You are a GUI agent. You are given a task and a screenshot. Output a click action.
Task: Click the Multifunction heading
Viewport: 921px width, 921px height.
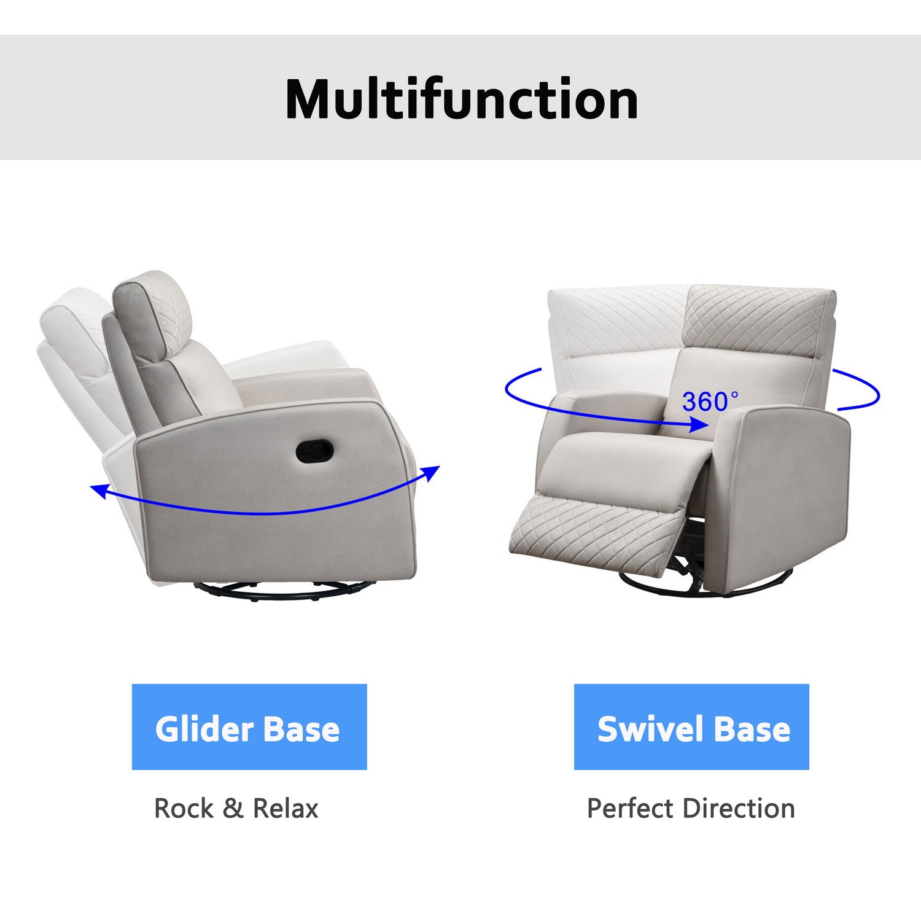(462, 100)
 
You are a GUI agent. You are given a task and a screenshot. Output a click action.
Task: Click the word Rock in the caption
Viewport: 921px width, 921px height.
(184, 808)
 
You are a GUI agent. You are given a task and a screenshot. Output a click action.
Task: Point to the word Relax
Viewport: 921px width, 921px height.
(286, 808)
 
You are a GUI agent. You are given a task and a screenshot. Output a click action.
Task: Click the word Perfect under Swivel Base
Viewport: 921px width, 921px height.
(630, 808)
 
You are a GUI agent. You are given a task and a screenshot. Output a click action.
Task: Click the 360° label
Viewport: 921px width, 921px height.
(710, 402)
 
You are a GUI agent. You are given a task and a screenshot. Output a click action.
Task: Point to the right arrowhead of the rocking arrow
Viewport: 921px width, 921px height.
(433, 472)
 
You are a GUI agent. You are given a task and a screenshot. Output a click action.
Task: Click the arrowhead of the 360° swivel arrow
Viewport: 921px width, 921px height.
(700, 424)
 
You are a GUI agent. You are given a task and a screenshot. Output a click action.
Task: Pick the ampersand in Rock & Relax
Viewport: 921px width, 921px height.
(233, 808)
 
